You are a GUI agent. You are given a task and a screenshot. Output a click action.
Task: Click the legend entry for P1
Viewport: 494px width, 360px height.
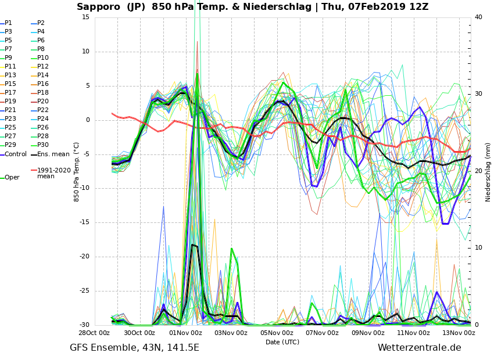[8, 23]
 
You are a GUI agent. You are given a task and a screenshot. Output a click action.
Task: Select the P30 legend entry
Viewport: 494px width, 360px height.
[43, 145]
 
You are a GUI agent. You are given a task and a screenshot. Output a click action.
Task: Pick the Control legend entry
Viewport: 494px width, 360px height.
[16, 154]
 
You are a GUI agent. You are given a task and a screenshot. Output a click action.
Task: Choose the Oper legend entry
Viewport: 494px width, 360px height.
[12, 178]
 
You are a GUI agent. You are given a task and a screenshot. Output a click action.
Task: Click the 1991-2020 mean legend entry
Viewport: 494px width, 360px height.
[53, 173]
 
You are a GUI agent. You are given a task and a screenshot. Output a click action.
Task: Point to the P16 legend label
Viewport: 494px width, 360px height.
[43, 84]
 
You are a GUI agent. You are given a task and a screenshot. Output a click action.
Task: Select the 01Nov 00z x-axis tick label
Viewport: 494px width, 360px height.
[185, 333]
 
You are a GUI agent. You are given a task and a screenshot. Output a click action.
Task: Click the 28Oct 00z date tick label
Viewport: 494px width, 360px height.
[95, 333]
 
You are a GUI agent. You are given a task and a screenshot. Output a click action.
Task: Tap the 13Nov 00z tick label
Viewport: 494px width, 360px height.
[458, 333]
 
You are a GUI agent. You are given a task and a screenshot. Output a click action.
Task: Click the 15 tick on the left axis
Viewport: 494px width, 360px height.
[85, 17]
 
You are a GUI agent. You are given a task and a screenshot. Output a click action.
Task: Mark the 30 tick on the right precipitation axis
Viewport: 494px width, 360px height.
[478, 93]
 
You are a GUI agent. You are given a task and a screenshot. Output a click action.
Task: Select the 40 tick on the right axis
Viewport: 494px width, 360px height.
[478, 17]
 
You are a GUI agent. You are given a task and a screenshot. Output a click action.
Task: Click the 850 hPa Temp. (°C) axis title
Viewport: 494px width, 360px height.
[77, 171]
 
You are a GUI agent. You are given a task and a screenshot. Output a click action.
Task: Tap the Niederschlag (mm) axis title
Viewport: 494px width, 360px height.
[488, 172]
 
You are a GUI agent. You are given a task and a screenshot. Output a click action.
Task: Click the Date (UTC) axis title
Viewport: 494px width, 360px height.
[282, 343]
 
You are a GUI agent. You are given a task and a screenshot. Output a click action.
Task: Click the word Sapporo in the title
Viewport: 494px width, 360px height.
[99, 7]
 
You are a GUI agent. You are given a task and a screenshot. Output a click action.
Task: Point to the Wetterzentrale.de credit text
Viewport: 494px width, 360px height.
[419, 348]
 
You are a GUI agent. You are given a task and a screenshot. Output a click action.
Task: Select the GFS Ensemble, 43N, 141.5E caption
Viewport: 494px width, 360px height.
[134, 348]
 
